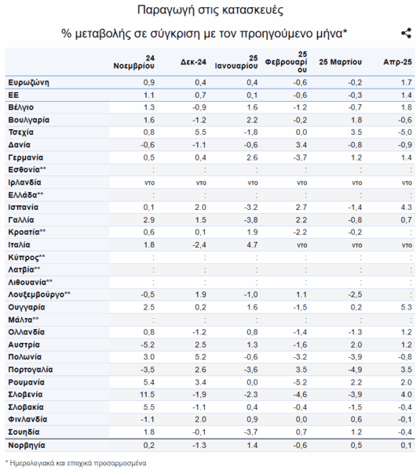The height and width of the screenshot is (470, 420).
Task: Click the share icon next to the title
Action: click(406, 33)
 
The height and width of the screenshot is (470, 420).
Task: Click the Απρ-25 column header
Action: click(397, 62)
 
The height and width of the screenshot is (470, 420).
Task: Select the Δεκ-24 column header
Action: click(193, 62)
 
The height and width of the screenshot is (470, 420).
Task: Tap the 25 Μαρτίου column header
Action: click(341, 62)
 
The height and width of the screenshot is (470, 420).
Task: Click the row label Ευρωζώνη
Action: click(28, 82)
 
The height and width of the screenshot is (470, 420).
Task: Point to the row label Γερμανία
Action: click(26, 157)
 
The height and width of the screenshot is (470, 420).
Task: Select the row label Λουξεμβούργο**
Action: click(39, 295)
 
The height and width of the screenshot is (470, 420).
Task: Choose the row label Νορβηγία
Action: click(27, 445)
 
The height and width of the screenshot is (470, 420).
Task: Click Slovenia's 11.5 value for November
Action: click(148, 395)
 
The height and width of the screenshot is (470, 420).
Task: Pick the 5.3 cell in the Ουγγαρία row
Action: click(406, 307)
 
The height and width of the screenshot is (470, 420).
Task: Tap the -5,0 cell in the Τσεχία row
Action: click(404, 132)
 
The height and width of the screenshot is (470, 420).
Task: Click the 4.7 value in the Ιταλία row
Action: click(252, 244)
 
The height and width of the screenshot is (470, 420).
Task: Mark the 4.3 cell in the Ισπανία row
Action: click(406, 207)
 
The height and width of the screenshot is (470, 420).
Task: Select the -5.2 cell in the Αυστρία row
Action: click(148, 345)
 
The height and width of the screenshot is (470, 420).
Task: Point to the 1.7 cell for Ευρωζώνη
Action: click(407, 82)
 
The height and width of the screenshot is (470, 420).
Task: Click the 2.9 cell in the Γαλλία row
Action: click(149, 219)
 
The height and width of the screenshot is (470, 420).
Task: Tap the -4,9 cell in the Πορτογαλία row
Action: click(355, 370)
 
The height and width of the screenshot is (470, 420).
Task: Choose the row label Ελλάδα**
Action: click(26, 195)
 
